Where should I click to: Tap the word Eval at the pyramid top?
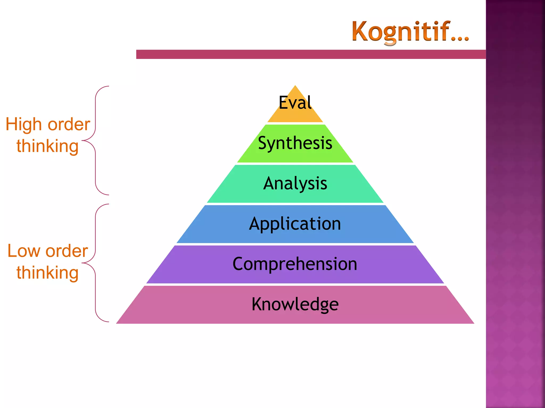click(x=295, y=103)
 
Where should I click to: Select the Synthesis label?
click(x=295, y=143)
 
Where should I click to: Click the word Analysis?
click(x=295, y=183)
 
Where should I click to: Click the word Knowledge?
click(x=295, y=304)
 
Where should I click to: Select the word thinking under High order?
click(x=47, y=146)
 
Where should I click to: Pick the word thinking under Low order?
click(x=47, y=273)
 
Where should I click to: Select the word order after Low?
click(x=67, y=251)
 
